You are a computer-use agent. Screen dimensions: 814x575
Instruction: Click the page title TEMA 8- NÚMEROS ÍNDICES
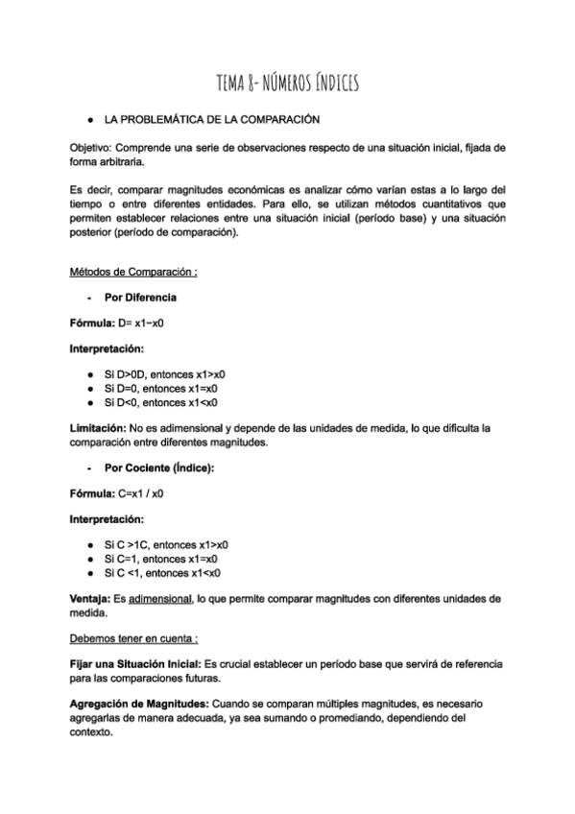[x=287, y=85]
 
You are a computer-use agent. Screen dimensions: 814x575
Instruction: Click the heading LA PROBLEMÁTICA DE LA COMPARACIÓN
[x=211, y=121]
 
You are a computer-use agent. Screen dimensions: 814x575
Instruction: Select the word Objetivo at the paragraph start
[x=89, y=149]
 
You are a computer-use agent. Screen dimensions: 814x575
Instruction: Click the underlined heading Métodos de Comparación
[x=133, y=272]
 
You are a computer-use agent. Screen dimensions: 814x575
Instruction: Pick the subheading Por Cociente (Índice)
[x=159, y=467]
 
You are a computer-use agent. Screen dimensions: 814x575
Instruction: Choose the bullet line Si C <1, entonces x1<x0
[x=162, y=573]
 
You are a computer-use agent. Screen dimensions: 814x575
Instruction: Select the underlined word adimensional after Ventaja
[x=160, y=598]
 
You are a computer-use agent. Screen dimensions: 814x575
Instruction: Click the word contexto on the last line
[x=91, y=730]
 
